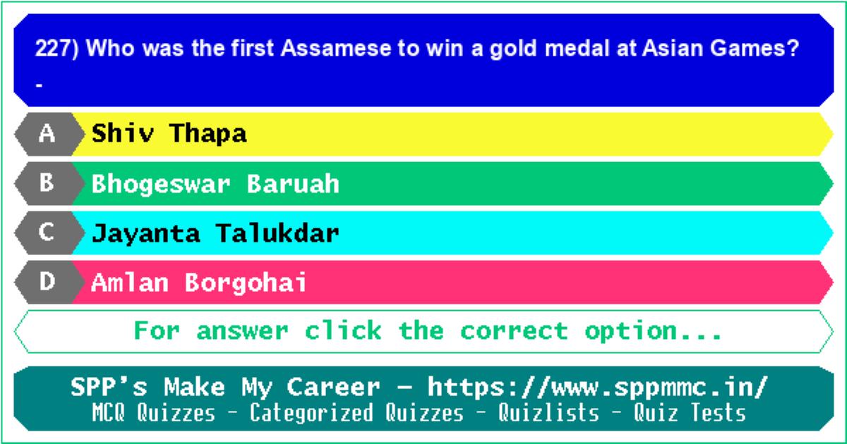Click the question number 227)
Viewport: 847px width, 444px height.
pyautogui.click(x=56, y=49)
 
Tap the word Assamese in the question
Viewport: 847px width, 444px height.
pyautogui.click(x=336, y=49)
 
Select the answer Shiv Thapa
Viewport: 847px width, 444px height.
pyautogui.click(x=169, y=133)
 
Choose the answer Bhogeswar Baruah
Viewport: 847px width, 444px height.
pyautogui.click(x=215, y=184)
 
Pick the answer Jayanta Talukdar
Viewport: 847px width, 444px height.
pyautogui.click(x=215, y=234)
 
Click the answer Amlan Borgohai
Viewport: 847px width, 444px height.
pyautogui.click(x=199, y=283)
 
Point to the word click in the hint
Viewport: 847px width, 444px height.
pyautogui.click(x=343, y=331)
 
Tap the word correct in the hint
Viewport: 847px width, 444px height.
pyautogui.click(x=515, y=331)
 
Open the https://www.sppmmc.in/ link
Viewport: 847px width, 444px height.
pyautogui.click(x=598, y=388)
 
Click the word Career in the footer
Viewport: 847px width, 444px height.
pyautogui.click(x=333, y=388)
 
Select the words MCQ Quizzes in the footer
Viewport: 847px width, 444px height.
pyautogui.click(x=154, y=412)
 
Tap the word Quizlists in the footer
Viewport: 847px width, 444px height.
pyautogui.click(x=548, y=412)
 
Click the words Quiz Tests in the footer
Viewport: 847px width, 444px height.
pyautogui.click(x=690, y=412)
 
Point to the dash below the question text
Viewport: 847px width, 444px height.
pyautogui.click(x=39, y=86)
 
